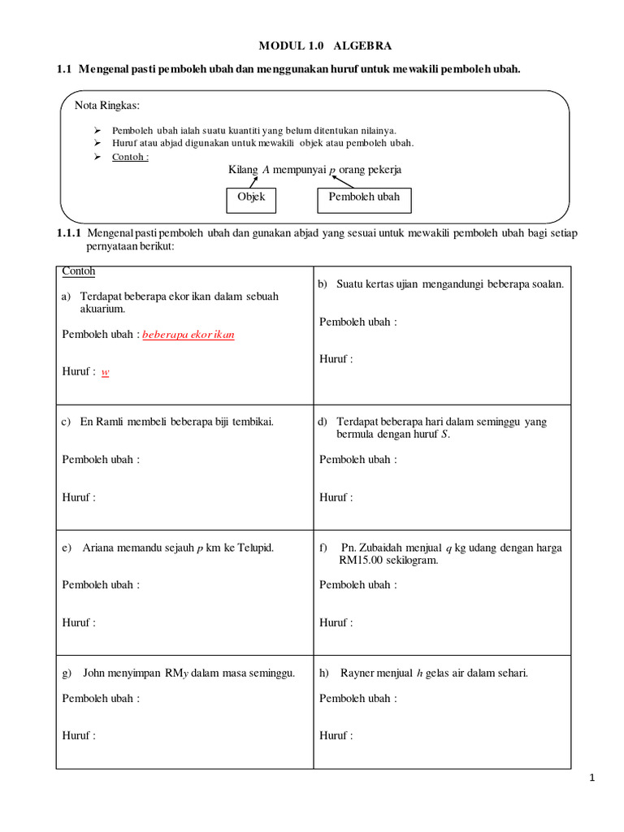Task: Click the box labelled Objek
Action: tap(251, 197)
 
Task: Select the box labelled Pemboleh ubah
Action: tap(364, 197)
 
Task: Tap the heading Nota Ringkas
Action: tap(106, 106)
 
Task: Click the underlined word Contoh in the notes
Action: tap(130, 157)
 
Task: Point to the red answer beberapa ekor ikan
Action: tap(188, 335)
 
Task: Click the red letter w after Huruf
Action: tap(105, 372)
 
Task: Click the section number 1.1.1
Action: tap(69, 233)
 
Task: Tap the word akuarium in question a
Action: tap(102, 310)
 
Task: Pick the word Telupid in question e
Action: tap(254, 548)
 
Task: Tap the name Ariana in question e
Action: tap(100, 548)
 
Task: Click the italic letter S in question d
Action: tap(444, 435)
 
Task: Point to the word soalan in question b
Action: tap(548, 284)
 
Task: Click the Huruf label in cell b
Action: tap(336, 359)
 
